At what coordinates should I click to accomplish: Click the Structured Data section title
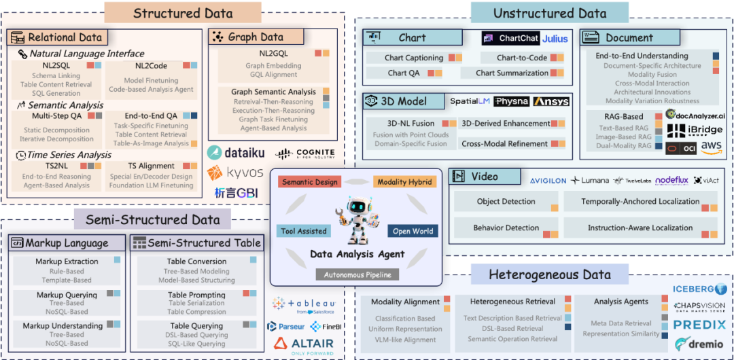coord(183,13)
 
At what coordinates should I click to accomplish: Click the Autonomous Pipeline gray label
coord(356,275)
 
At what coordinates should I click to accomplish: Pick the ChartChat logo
coord(510,39)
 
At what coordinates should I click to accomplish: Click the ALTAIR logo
coord(304,344)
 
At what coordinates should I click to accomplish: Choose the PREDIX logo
coord(699,325)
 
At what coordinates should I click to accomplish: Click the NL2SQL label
coord(55,66)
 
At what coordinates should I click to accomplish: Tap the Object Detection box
coord(506,202)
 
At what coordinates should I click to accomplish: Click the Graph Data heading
coord(256,37)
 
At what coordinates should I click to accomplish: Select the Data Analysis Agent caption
coord(357,254)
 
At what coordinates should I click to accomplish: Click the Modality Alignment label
coord(405,302)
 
